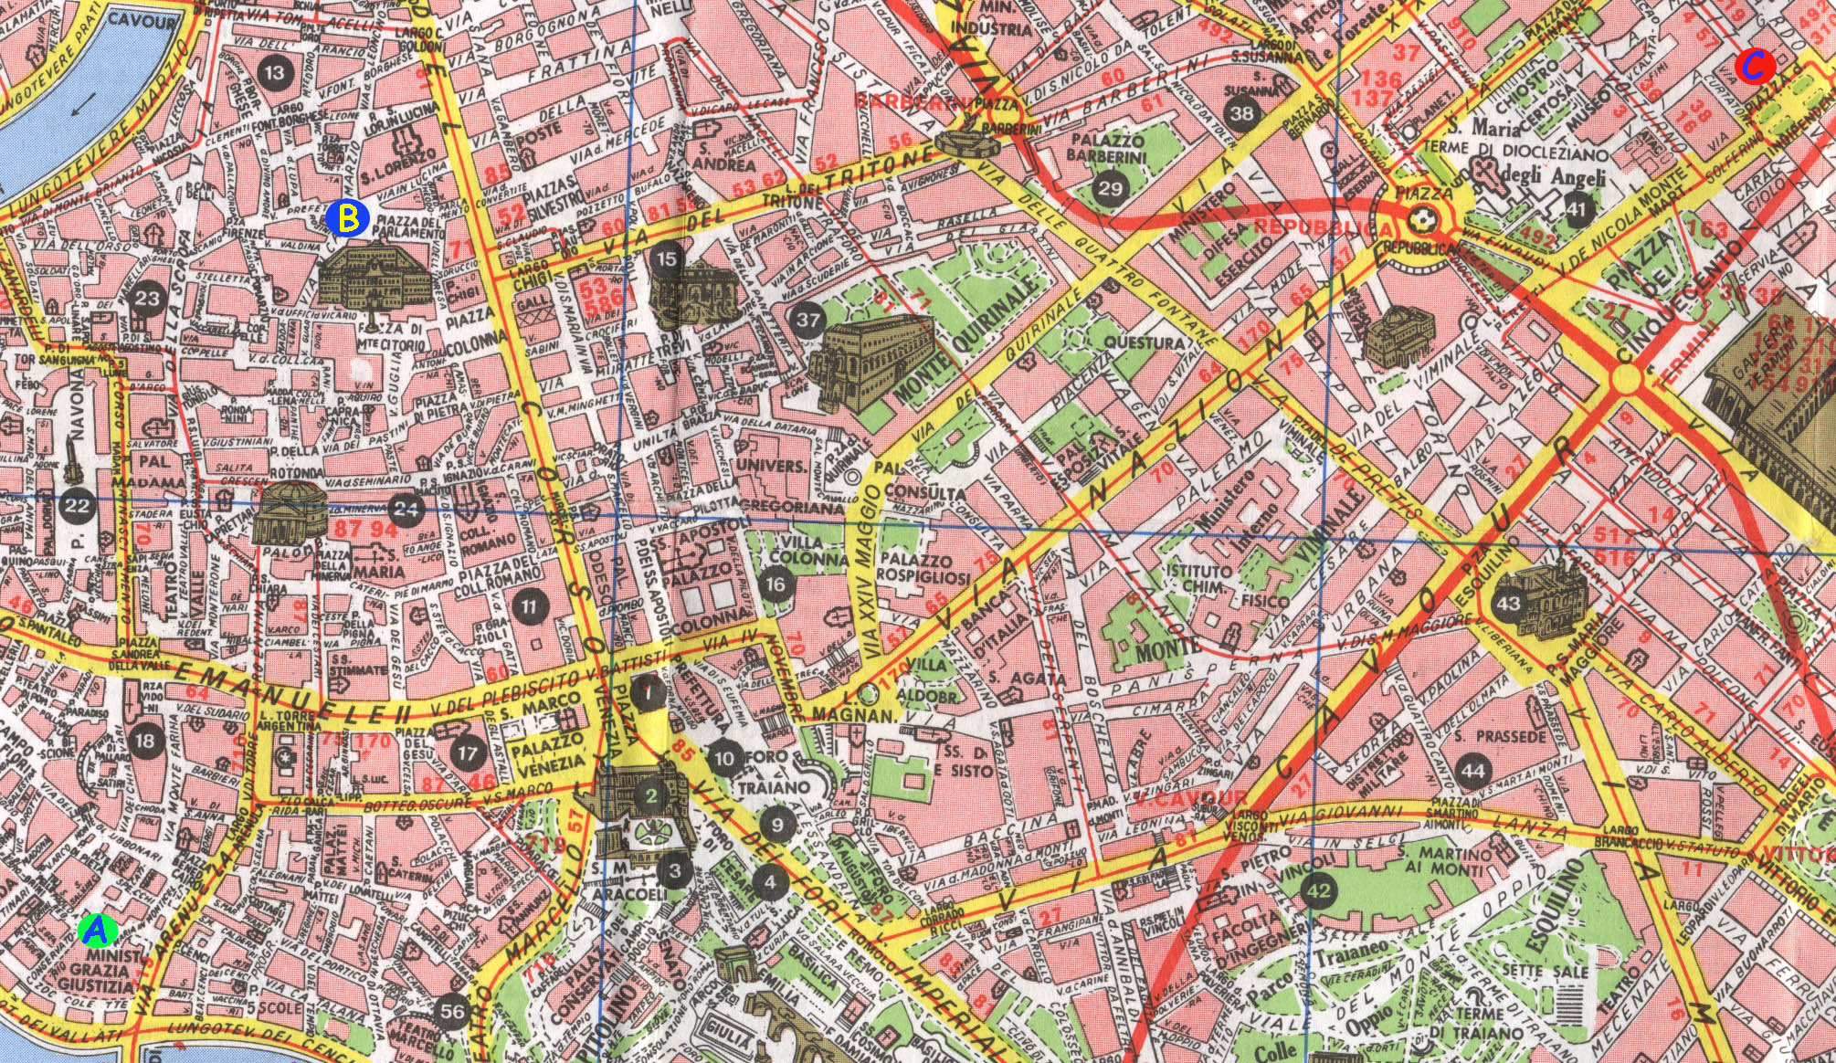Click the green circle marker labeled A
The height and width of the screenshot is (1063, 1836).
pyautogui.click(x=97, y=930)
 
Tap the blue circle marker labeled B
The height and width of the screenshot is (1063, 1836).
pyautogui.click(x=347, y=218)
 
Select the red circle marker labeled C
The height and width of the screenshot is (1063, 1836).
pyautogui.click(x=1754, y=66)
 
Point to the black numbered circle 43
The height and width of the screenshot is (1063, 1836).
pyautogui.click(x=1508, y=604)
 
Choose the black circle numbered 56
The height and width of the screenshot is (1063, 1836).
pyautogui.click(x=452, y=1010)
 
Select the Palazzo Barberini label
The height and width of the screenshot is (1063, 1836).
pyautogui.click(x=1108, y=149)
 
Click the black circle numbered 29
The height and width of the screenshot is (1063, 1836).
pyautogui.click(x=1110, y=189)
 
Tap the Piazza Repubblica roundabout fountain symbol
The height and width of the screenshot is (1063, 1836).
pyautogui.click(x=1421, y=218)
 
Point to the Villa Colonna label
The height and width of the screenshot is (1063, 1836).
pyautogui.click(x=797, y=549)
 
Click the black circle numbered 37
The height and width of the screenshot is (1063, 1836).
pyautogui.click(x=807, y=320)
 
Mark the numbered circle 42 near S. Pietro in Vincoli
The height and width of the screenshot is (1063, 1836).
pyautogui.click(x=1318, y=890)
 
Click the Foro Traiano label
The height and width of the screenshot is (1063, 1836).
pyautogui.click(x=775, y=772)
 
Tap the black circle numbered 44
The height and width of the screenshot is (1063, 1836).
pyautogui.click(x=1472, y=770)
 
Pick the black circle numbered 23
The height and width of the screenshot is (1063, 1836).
pyautogui.click(x=147, y=298)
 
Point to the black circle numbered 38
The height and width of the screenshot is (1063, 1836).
pyautogui.click(x=1241, y=113)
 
